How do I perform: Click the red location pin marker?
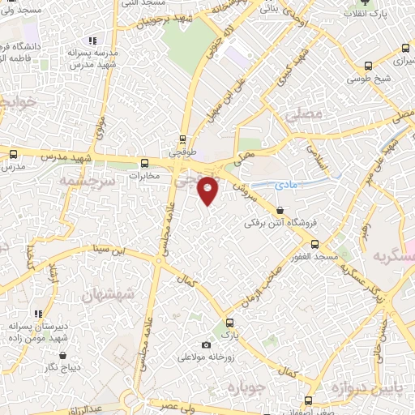tap(208, 190)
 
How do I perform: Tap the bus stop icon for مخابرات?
tap(145, 161)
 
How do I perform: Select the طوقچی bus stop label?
tap(182, 150)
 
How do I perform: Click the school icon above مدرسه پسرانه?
tap(93, 40)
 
